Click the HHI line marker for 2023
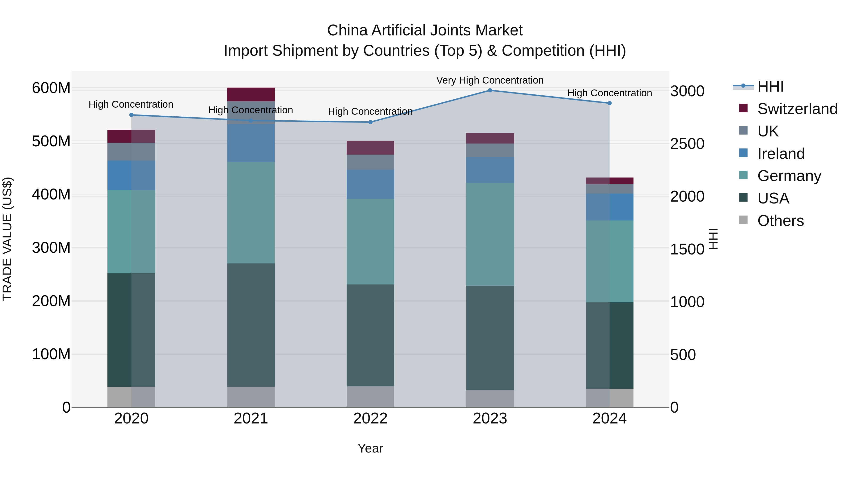pos(490,90)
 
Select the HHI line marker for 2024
pos(609,103)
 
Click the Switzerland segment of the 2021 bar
pos(251,94)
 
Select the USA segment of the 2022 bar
pos(370,335)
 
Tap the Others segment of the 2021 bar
pos(251,397)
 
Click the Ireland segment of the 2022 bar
pos(370,184)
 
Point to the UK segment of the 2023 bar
pos(490,150)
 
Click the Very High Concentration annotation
pos(490,80)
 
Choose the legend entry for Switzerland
pos(797,109)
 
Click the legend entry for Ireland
pos(781,154)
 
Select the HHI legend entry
pos(770,86)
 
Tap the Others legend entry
pos(780,221)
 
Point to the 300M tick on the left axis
pos(51,248)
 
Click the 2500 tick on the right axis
pos(687,144)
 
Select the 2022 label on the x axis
pos(370,419)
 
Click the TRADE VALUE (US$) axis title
pos(7,239)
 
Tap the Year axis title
pos(370,448)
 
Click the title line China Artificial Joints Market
pos(425,30)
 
